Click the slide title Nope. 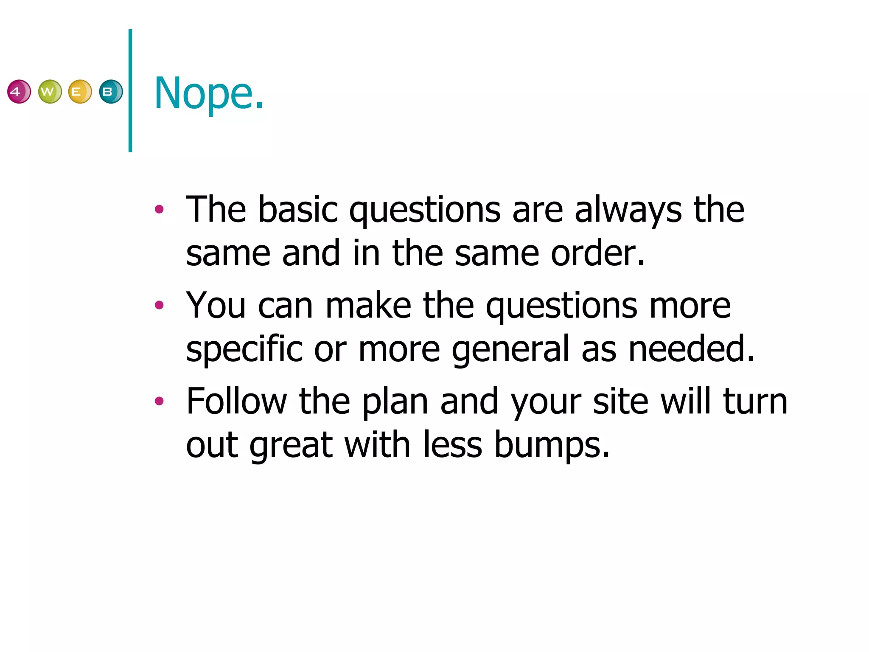click(209, 93)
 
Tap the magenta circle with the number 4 click(19, 91)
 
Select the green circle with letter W click(50, 91)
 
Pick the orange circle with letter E click(80, 91)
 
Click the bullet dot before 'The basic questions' click(159, 209)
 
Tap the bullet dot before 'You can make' click(159, 305)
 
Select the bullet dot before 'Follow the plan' click(159, 401)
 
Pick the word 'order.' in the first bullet click(598, 253)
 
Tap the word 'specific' click(244, 349)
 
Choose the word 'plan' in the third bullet click(395, 402)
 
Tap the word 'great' click(291, 445)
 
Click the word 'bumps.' click(552, 445)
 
